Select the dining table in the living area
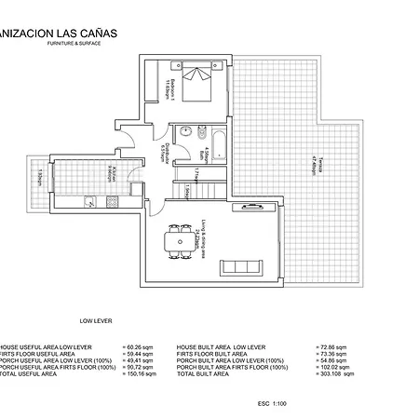[178, 239]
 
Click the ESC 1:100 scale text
[272, 403]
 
